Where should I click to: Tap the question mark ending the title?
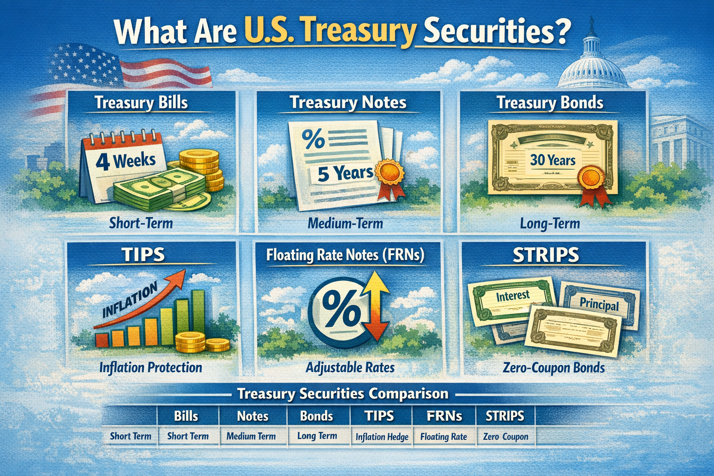pos(563,31)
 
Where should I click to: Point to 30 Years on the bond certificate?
pos(553,160)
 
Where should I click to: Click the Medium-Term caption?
pos(345,224)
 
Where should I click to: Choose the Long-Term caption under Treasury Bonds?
pos(549,224)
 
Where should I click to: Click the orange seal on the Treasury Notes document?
pos(389,172)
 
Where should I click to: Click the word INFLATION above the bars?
pos(130,301)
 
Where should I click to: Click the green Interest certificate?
pos(512,300)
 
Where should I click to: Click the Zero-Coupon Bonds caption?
pos(554,368)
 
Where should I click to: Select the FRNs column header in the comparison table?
pos(444,416)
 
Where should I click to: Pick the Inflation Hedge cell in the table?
pos(382,437)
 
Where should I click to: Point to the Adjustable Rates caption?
pos(350,368)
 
